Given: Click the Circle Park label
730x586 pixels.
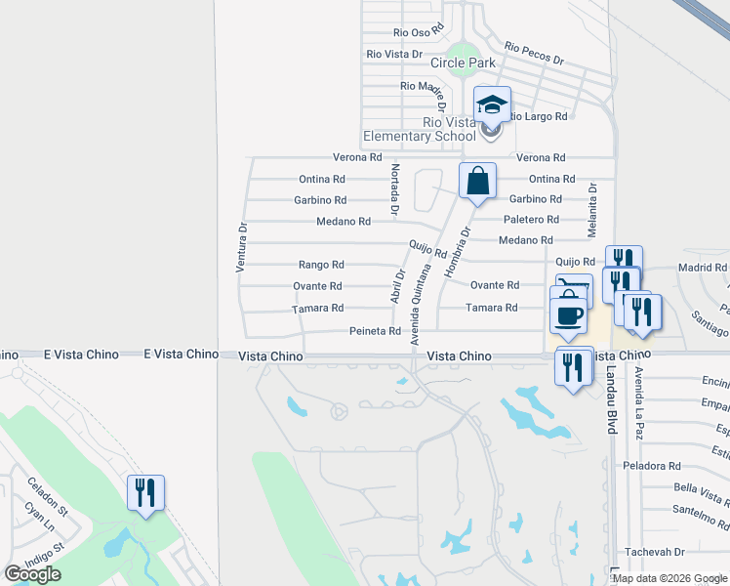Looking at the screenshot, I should click(464, 63).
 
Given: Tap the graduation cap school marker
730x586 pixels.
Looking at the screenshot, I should click(492, 105).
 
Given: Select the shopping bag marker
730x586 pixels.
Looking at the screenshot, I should click(477, 181).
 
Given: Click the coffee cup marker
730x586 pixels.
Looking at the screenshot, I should click(568, 315).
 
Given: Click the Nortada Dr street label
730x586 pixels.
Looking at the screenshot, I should click(394, 188).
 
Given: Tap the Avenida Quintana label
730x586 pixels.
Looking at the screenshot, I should click(420, 304).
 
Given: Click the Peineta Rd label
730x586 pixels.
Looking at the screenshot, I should click(376, 331).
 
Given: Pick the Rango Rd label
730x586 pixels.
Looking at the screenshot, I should click(321, 265).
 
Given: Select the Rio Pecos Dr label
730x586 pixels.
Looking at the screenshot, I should click(535, 53).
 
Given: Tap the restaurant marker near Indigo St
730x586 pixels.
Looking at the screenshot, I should click(145, 493).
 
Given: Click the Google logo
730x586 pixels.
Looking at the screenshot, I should click(32, 574).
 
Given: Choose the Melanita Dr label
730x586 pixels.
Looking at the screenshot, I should click(592, 209).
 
